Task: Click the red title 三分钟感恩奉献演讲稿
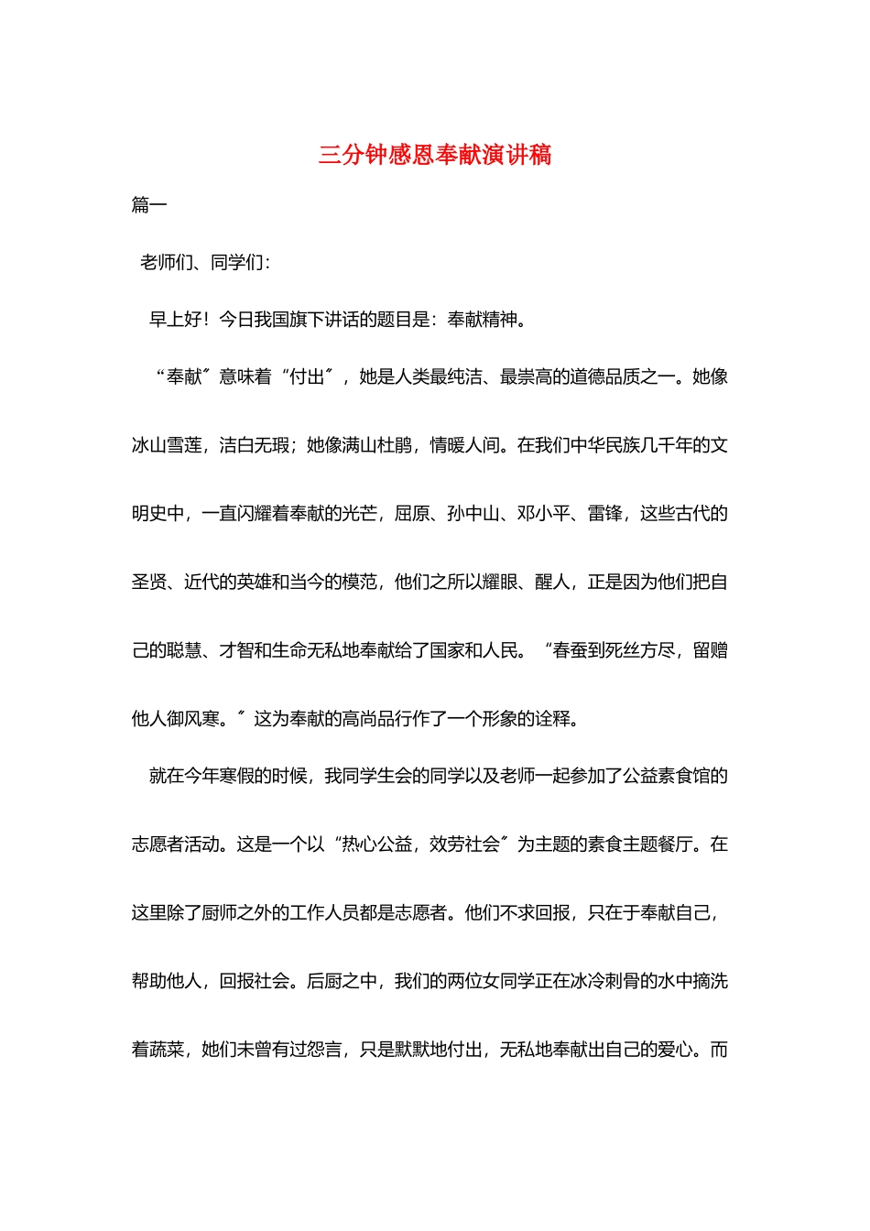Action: (x=435, y=155)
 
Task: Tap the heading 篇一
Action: (x=149, y=205)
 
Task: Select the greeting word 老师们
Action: (x=166, y=263)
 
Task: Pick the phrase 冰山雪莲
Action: (x=167, y=446)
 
